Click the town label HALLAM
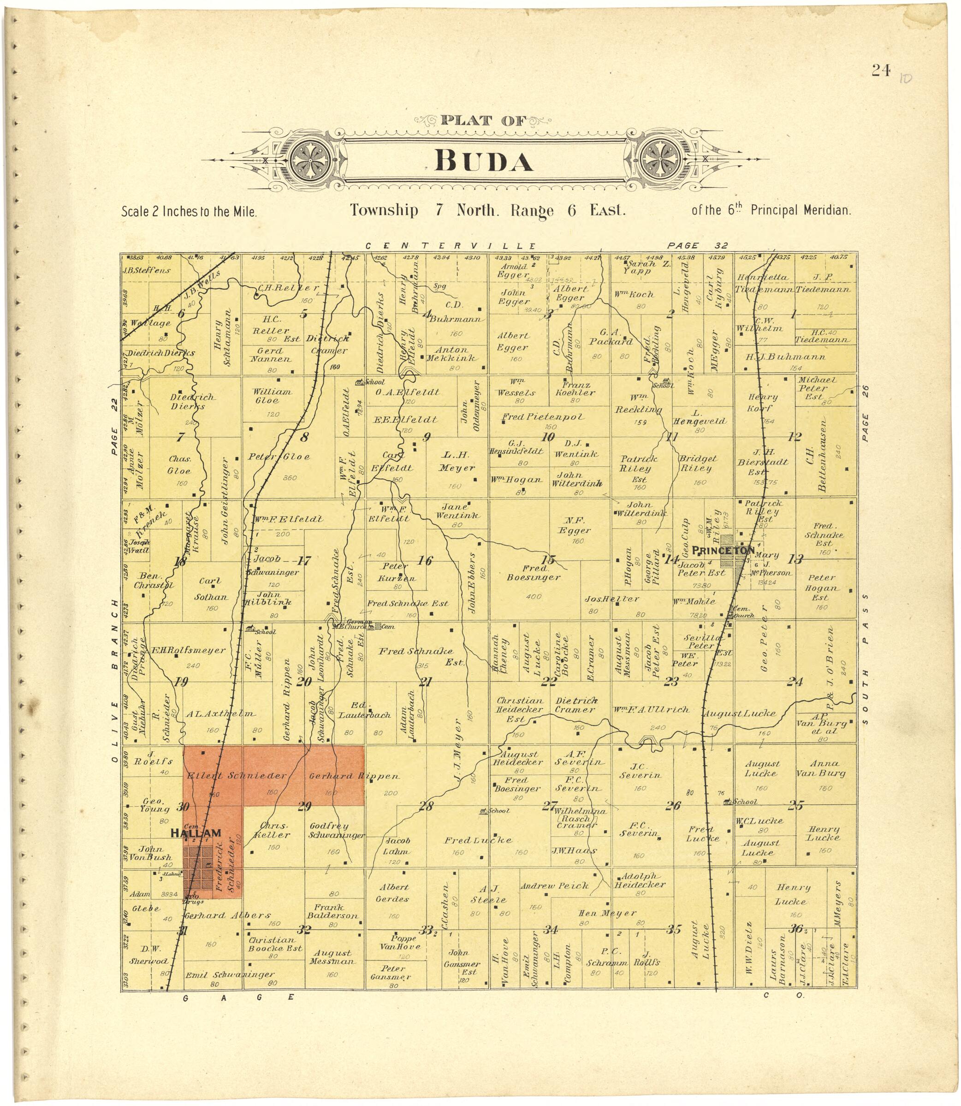pyautogui.click(x=196, y=833)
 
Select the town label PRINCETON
pyautogui.click(x=724, y=550)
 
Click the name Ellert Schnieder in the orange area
pyautogui.click(x=237, y=776)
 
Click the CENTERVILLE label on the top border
pyautogui.click(x=451, y=246)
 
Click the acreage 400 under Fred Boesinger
pyautogui.click(x=534, y=596)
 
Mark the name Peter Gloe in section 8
pyautogui.click(x=279, y=457)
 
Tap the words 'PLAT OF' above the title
pyautogui.click(x=483, y=121)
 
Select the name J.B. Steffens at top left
pyautogui.click(x=146, y=270)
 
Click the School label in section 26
pyautogui.click(x=744, y=802)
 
